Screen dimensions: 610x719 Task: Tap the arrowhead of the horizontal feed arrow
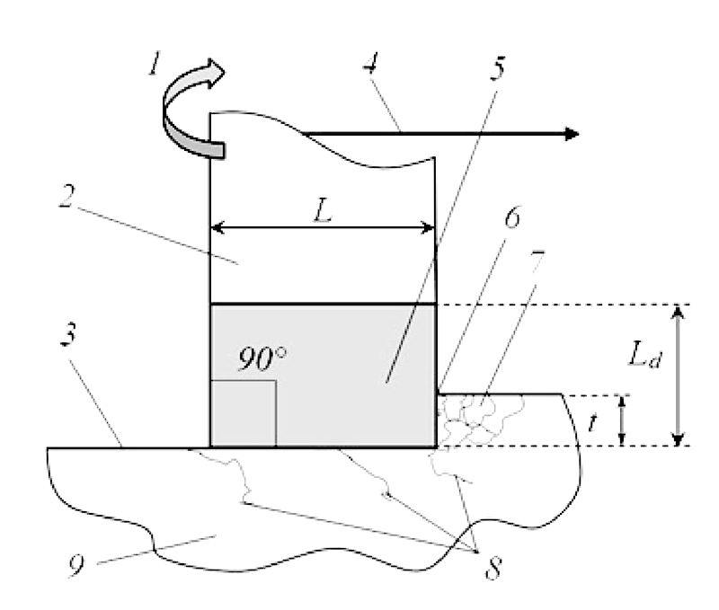click(568, 135)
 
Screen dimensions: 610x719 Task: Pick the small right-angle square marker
click(243, 412)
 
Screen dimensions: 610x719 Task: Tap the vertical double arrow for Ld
click(679, 375)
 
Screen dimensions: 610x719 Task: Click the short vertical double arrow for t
click(622, 420)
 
